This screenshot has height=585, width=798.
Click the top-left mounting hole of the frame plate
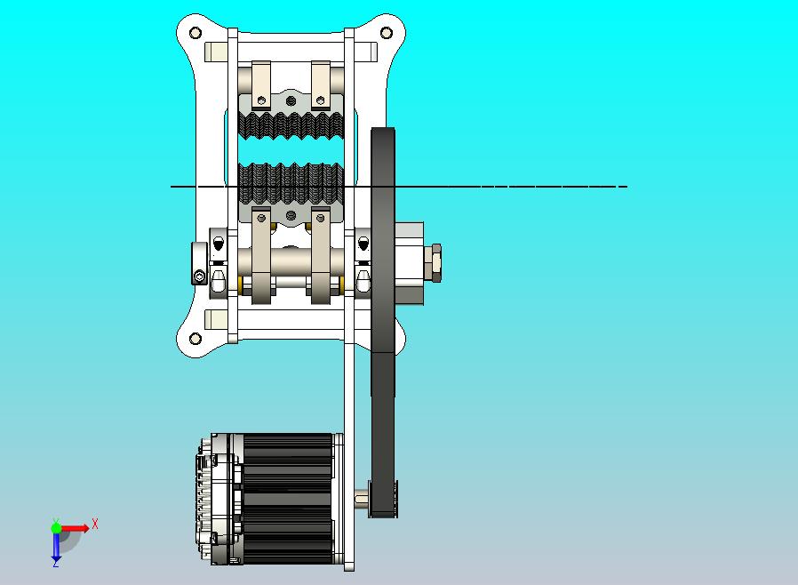click(196, 33)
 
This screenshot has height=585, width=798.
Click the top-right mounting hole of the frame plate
click(387, 33)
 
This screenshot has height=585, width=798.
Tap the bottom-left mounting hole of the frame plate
click(196, 339)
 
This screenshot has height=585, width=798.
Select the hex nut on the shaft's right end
click(436, 262)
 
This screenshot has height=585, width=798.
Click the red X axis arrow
click(74, 528)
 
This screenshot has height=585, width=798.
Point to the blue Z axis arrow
click(56, 546)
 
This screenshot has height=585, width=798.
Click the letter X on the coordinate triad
click(95, 524)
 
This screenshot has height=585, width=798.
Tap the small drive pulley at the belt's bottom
click(383, 499)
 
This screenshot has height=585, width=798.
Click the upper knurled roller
click(291, 125)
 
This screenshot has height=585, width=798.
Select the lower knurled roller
click(291, 184)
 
